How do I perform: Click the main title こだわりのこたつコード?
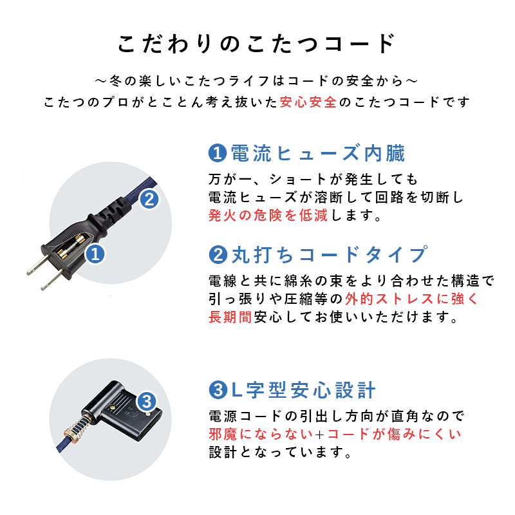(257, 43)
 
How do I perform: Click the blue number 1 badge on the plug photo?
(95, 254)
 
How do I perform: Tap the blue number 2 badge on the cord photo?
(149, 199)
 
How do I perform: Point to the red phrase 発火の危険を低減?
(268, 216)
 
